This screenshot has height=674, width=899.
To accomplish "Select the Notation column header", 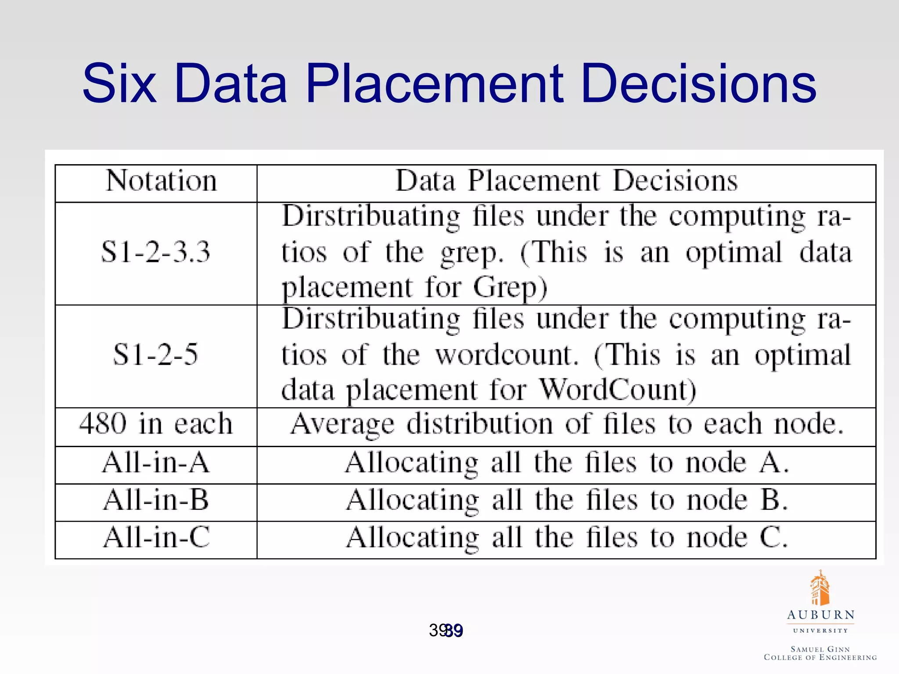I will (x=161, y=181).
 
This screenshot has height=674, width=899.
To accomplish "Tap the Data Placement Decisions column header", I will (x=566, y=181).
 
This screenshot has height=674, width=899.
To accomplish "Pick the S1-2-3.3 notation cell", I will (x=156, y=252).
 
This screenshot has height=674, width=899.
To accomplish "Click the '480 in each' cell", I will (x=156, y=424).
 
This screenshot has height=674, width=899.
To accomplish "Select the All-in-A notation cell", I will (x=156, y=463).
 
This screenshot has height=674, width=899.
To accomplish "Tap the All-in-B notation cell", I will (x=156, y=500).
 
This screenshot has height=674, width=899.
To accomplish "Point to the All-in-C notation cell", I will (x=156, y=538).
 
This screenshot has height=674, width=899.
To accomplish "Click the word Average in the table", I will (x=342, y=424).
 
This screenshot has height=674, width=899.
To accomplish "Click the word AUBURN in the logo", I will (x=820, y=615).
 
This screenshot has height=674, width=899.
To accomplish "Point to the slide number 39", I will (x=446, y=631).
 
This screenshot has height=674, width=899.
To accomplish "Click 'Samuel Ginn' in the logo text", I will (x=820, y=649).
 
